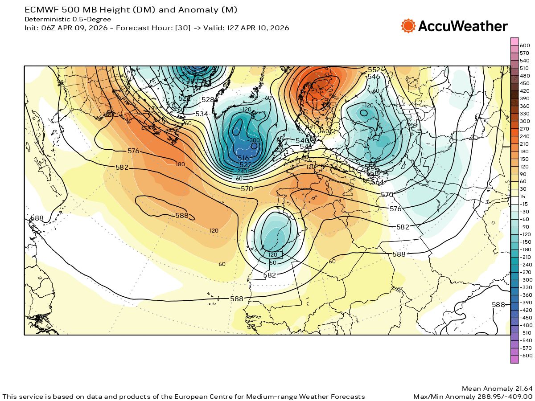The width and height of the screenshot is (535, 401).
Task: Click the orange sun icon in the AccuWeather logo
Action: (x=408, y=26)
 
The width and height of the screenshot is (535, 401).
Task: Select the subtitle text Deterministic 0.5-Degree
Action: (x=68, y=19)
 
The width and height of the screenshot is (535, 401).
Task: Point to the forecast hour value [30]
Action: (x=183, y=28)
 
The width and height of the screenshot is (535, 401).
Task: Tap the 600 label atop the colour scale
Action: (x=525, y=45)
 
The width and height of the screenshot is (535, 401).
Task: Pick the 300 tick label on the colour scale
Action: (x=525, y=121)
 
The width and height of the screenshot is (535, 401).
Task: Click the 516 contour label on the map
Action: (x=243, y=158)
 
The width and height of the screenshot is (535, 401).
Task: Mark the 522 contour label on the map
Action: (x=246, y=165)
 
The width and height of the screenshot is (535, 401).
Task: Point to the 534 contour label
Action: (x=202, y=115)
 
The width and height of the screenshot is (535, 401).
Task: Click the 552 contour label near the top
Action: (x=374, y=70)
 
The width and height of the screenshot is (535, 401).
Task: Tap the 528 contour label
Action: (x=208, y=100)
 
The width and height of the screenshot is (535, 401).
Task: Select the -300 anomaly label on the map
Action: (x=254, y=140)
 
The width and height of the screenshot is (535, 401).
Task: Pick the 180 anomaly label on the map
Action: (x=180, y=164)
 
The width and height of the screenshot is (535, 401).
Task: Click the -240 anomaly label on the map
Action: (x=242, y=171)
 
